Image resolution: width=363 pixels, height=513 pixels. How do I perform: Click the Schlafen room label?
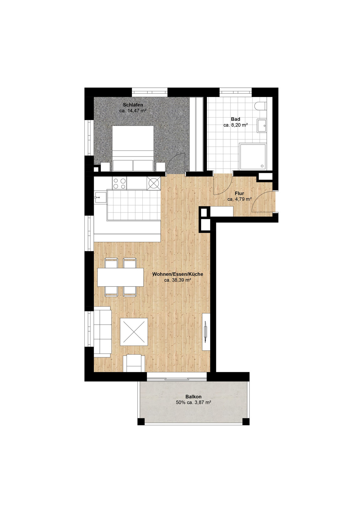(x=133, y=105)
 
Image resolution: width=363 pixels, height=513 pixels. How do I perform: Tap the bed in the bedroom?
(x=133, y=148)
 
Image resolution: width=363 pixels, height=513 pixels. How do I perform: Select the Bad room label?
(x=235, y=119)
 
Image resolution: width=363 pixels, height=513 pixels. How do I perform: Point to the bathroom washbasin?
(x=261, y=125)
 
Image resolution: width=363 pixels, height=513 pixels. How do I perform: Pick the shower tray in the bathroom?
(x=253, y=157)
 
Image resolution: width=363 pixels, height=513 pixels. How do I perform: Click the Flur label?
(x=239, y=193)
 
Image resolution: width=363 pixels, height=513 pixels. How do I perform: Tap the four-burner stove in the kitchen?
(x=119, y=183)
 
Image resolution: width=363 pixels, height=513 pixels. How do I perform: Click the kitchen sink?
(x=100, y=198)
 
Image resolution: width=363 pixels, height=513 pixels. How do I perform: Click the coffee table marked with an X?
(x=134, y=332)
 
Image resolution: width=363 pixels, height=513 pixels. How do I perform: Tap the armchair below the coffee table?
(x=134, y=363)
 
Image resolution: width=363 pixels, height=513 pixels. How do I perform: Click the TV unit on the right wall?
(x=206, y=332)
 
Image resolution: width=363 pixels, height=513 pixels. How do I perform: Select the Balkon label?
(x=193, y=397)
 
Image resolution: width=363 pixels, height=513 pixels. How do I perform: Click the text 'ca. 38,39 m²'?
(x=177, y=280)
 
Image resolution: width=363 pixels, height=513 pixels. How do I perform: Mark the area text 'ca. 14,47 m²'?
(x=133, y=111)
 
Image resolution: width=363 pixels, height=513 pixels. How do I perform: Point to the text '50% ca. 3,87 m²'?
(x=193, y=403)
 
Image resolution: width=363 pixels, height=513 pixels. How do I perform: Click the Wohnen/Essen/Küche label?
(x=177, y=274)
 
